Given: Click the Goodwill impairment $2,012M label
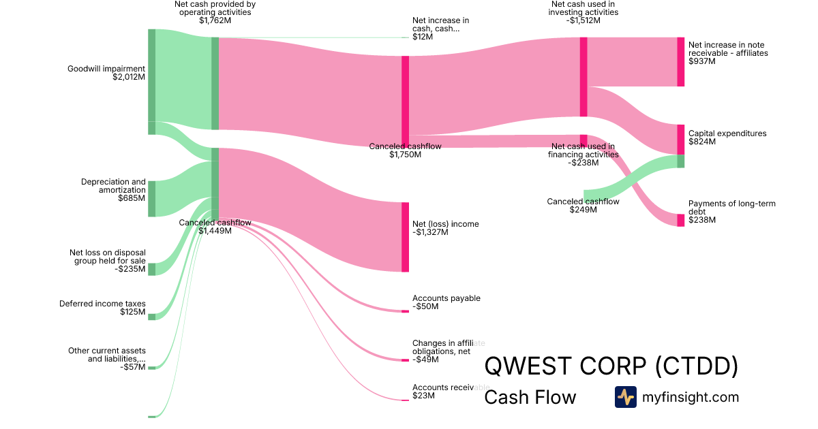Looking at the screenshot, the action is coord(106,73).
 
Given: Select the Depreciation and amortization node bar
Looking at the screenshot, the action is coord(152,199).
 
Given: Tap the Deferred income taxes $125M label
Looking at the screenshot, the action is coord(102,308).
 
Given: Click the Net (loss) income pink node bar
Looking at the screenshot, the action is coord(405,237).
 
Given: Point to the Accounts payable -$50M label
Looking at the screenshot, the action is coord(446,302).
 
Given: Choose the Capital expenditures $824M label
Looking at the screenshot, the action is coord(727,138).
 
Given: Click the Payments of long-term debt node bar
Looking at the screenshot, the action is coord(680,220).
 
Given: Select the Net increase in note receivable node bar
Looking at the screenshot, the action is coord(680,62).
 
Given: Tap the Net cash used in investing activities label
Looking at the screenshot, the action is coord(584,12).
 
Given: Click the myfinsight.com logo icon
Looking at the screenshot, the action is coord(625,397).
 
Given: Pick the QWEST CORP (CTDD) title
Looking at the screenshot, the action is coord(611,366).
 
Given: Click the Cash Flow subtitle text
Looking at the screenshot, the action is coord(530,397).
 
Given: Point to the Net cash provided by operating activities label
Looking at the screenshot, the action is coord(215,12).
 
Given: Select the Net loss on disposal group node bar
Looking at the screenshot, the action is coord(152,269).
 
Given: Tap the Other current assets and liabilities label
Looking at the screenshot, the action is coord(106,359).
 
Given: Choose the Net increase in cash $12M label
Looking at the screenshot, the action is coord(440,29).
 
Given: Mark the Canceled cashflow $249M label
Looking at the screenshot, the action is coord(583,205).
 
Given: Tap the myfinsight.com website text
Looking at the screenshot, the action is coord(691,397).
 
